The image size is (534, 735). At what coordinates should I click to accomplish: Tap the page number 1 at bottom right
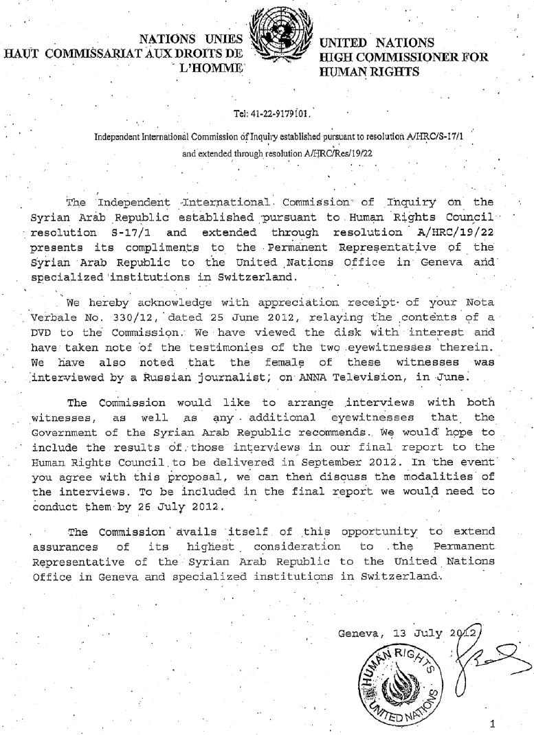[x=492, y=723]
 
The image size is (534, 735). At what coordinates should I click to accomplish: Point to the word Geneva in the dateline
[x=361, y=633]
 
